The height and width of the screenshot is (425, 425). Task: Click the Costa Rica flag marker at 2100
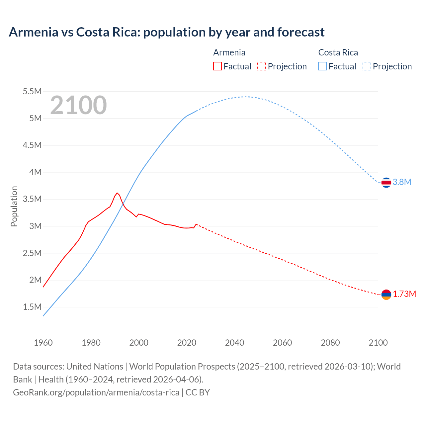pyautogui.click(x=386, y=182)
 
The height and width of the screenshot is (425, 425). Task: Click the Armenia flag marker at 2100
pyautogui.click(x=386, y=295)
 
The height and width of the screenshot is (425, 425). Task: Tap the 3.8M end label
pyautogui.click(x=402, y=182)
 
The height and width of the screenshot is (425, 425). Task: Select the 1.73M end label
pyautogui.click(x=404, y=294)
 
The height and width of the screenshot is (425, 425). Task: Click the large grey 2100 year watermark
pyautogui.click(x=78, y=105)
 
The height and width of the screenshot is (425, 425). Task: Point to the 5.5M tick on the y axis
pyautogui.click(x=32, y=91)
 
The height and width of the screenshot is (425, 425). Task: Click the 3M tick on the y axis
pyautogui.click(x=35, y=226)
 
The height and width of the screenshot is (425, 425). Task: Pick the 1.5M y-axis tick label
pyautogui.click(x=32, y=307)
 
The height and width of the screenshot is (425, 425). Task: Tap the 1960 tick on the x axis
pyautogui.click(x=43, y=343)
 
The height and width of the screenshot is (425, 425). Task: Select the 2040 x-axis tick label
pyautogui.click(x=234, y=343)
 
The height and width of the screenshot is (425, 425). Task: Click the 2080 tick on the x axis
pyautogui.click(x=330, y=343)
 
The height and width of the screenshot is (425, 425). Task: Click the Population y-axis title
pyautogui.click(x=14, y=207)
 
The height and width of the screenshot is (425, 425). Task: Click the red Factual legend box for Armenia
pyautogui.click(x=217, y=66)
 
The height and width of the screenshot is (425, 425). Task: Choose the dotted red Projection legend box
pyautogui.click(x=262, y=66)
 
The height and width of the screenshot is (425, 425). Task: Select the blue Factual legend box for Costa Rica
pyautogui.click(x=322, y=66)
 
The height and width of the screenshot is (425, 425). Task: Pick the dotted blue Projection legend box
pyautogui.click(x=367, y=66)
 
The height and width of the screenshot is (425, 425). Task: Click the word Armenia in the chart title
pyautogui.click(x=33, y=32)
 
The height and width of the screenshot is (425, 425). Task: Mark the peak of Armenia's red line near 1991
pyautogui.click(x=117, y=193)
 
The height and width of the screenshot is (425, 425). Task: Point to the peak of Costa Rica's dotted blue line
pyautogui.click(x=245, y=97)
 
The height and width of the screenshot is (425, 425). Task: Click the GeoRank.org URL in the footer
pyautogui.click(x=96, y=392)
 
